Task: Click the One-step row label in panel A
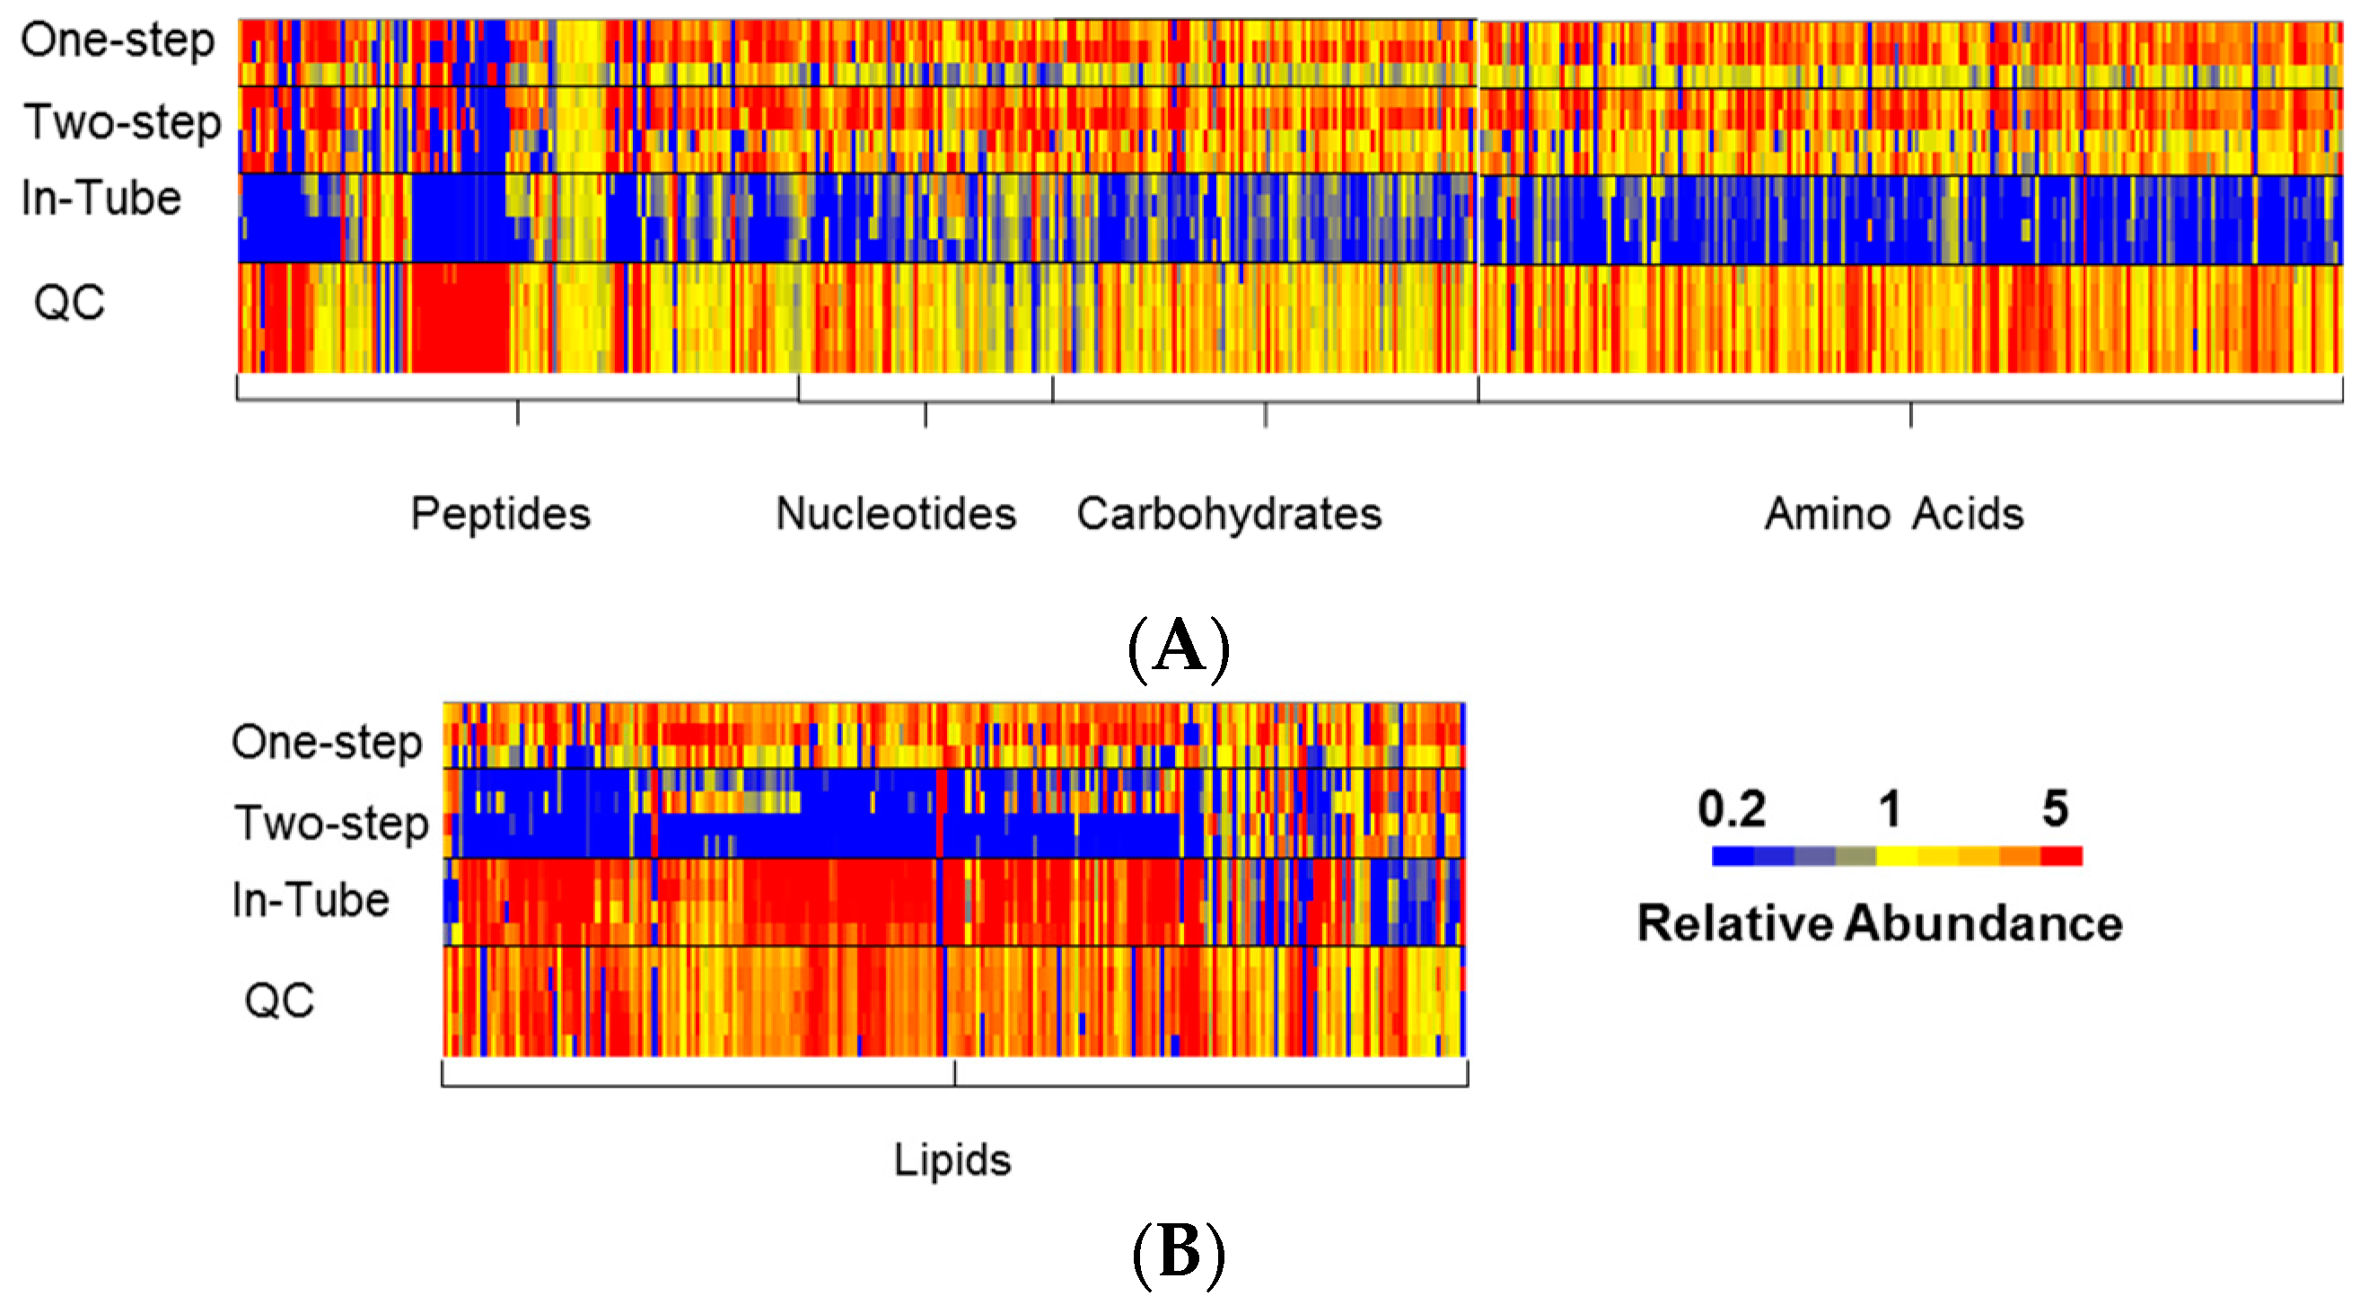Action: click(118, 41)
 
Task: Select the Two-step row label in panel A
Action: click(122, 123)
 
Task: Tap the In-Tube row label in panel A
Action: click(101, 198)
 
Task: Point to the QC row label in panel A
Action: click(69, 303)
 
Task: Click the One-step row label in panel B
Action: click(326, 742)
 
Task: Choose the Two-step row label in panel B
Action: click(330, 823)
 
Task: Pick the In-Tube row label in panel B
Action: click(311, 900)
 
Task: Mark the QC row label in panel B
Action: click(279, 1000)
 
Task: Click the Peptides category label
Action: click(500, 513)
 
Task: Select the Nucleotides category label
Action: click(896, 513)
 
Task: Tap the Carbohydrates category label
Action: click(1229, 513)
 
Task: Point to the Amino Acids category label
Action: click(1894, 513)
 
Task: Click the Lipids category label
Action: click(952, 1160)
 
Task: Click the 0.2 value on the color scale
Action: click(1732, 809)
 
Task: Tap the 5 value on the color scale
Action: click(2055, 809)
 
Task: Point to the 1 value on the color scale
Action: click(1890, 809)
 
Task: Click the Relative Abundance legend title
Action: click(1880, 923)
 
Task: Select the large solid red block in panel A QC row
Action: click(459, 318)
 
